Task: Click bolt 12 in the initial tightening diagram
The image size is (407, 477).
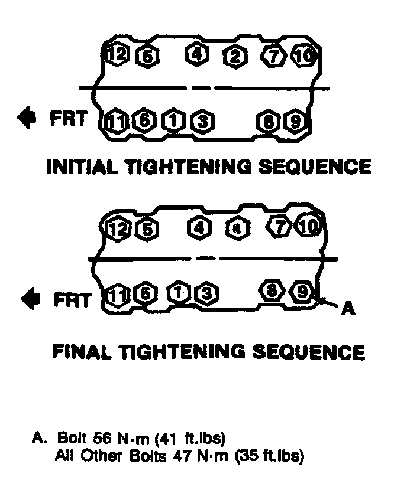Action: [117, 55]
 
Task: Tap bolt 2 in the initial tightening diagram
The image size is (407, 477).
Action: [235, 57]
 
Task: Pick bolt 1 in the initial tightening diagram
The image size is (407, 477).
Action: [173, 122]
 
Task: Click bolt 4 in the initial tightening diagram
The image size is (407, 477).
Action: [197, 54]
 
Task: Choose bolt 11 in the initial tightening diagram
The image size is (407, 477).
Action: [116, 122]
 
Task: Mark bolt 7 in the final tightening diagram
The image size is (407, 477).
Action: [277, 226]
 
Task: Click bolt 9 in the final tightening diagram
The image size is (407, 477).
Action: [303, 292]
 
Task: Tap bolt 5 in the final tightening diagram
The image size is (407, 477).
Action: [144, 228]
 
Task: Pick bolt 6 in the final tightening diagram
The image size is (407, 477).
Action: [144, 293]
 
